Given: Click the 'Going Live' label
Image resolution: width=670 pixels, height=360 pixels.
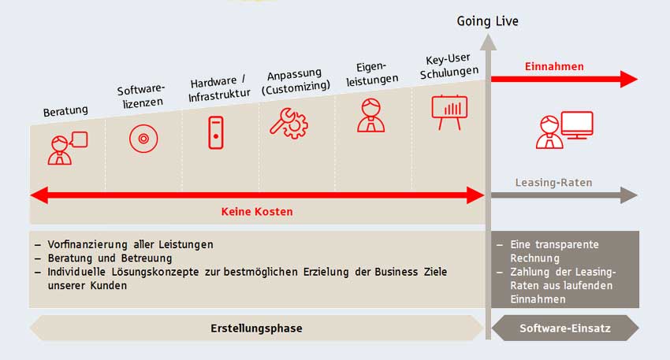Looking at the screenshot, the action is (487, 21).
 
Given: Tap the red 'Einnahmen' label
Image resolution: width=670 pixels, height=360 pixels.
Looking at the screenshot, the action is (554, 67).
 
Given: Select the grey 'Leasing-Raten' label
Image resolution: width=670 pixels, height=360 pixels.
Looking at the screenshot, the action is (554, 183).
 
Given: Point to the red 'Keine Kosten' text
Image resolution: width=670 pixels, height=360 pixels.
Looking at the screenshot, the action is (257, 212).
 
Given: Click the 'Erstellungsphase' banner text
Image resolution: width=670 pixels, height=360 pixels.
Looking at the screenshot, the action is (256, 328).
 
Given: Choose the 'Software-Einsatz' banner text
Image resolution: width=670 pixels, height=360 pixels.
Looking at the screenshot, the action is (565, 328).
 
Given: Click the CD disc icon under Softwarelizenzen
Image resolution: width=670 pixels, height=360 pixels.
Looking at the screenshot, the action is (143, 139).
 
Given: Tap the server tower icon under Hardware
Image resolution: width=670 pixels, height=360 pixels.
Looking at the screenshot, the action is (216, 133).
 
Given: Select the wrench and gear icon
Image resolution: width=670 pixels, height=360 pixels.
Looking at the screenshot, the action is (288, 124).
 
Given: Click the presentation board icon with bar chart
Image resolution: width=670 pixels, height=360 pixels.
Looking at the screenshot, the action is (449, 113).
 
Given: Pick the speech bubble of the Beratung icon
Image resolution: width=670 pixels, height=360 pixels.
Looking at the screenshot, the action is (80, 139).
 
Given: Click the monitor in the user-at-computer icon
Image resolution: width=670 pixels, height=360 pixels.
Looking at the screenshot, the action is (577, 124).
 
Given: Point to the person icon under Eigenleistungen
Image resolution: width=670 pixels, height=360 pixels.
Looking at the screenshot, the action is (371, 115).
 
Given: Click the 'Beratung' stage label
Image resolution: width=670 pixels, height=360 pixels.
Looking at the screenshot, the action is (65, 111).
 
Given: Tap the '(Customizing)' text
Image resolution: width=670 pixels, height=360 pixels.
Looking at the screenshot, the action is (296, 87).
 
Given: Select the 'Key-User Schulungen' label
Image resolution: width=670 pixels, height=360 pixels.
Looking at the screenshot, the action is (449, 66).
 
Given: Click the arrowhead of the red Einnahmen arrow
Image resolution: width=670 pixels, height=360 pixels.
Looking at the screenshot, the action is (629, 79).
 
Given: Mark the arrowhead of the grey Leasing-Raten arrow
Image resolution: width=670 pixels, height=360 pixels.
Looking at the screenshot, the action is (629, 195).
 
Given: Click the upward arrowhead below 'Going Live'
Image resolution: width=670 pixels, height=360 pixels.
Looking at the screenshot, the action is (488, 43).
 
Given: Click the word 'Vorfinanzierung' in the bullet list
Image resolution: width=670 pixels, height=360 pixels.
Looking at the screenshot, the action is (87, 245).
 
